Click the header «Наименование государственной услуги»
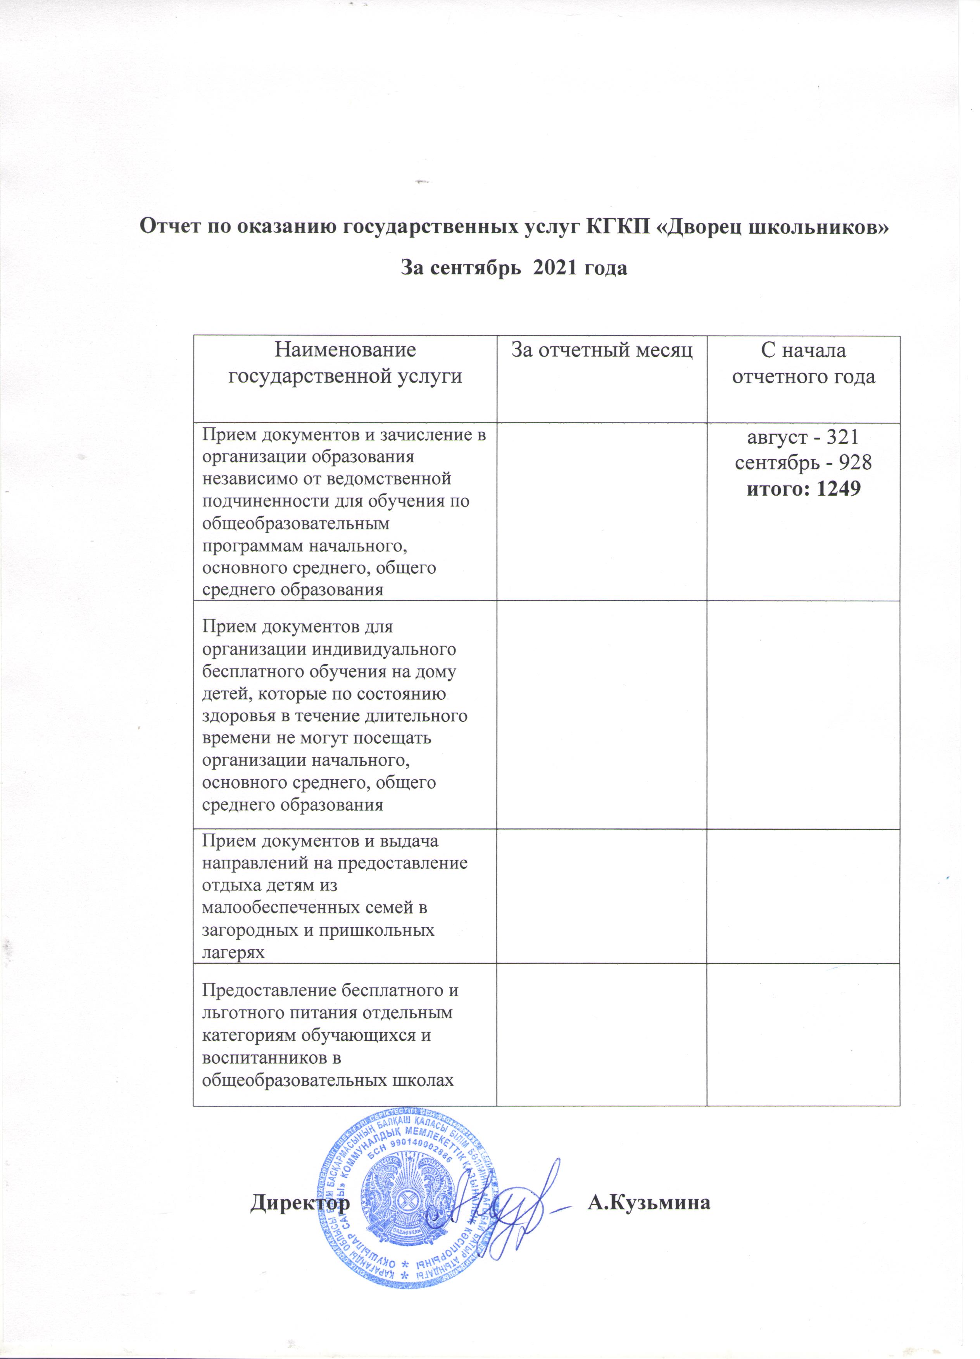tap(345, 363)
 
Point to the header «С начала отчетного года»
tap(803, 363)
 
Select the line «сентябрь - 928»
tap(803, 463)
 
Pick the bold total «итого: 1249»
tap(803, 489)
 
